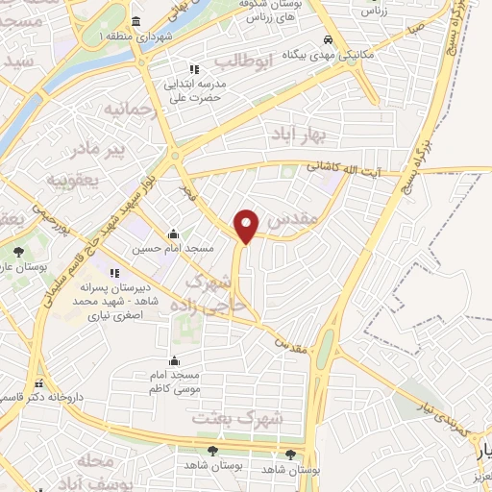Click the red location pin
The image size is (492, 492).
point(247,226)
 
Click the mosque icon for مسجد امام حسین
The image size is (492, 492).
point(172,234)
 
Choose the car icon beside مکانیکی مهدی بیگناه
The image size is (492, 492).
point(329,41)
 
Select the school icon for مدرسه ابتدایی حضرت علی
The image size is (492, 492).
point(194,69)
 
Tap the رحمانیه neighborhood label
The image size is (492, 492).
point(130,109)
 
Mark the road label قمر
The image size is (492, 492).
point(184,191)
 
